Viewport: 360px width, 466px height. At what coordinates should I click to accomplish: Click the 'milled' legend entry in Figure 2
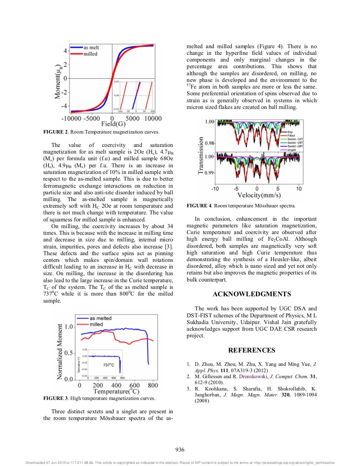click(90, 54)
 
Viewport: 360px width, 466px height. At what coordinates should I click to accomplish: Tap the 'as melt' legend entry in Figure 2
click(91, 47)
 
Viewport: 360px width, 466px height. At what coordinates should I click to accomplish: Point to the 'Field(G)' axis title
click(113, 124)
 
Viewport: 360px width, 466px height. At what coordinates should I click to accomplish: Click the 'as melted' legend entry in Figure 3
click(100, 318)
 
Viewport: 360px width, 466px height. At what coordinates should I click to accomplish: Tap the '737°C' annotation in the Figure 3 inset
click(108, 365)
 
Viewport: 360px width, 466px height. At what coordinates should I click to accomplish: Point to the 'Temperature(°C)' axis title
click(116, 391)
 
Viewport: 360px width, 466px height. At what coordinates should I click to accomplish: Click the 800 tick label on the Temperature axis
click(153, 385)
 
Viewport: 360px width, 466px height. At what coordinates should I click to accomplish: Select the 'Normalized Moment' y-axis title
click(60, 351)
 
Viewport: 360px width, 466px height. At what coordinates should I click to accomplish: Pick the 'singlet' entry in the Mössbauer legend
click(291, 150)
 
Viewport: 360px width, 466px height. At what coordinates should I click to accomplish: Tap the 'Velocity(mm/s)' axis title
click(259, 195)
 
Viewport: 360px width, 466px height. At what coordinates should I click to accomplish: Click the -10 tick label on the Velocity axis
click(215, 189)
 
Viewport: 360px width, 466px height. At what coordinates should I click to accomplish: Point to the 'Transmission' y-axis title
click(201, 155)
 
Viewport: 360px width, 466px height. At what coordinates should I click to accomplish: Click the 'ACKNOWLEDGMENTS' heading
click(252, 294)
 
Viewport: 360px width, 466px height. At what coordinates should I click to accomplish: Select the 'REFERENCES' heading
click(252, 350)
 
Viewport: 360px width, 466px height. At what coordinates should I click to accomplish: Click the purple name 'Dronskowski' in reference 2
click(253, 376)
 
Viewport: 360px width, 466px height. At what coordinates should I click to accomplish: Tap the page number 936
click(180, 450)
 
